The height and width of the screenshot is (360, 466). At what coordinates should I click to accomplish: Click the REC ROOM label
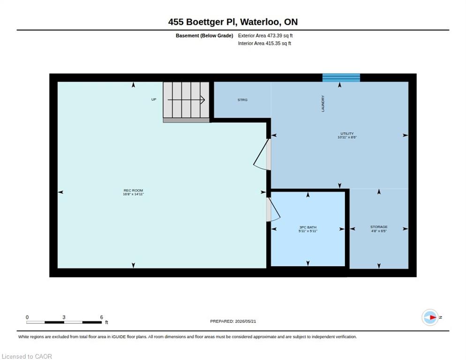click(x=133, y=190)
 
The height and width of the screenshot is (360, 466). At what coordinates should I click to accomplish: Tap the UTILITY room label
click(x=347, y=134)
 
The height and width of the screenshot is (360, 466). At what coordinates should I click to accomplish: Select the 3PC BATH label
click(x=308, y=227)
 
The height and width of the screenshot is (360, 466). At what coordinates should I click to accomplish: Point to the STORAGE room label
click(x=379, y=227)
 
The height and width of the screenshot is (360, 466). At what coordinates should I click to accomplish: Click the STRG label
click(x=242, y=100)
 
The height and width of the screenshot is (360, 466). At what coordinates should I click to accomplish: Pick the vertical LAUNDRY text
click(x=323, y=104)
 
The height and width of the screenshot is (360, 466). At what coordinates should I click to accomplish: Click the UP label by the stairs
click(x=154, y=99)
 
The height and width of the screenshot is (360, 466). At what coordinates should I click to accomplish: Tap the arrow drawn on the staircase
click(x=186, y=99)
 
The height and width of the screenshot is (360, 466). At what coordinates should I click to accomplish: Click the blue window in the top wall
click(x=341, y=78)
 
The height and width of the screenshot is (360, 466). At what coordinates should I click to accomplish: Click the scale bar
click(x=64, y=322)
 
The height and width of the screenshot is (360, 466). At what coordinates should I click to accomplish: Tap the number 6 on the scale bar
click(x=101, y=317)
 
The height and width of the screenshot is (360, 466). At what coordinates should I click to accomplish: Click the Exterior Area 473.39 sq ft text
click(x=265, y=36)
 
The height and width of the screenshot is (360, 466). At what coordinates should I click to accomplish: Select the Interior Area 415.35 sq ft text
click(x=264, y=44)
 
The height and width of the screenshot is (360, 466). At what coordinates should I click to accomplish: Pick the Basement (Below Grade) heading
click(x=204, y=36)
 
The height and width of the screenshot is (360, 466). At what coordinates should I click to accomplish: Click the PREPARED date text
click(x=233, y=321)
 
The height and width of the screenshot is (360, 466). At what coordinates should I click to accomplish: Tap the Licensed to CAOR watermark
click(x=27, y=356)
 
